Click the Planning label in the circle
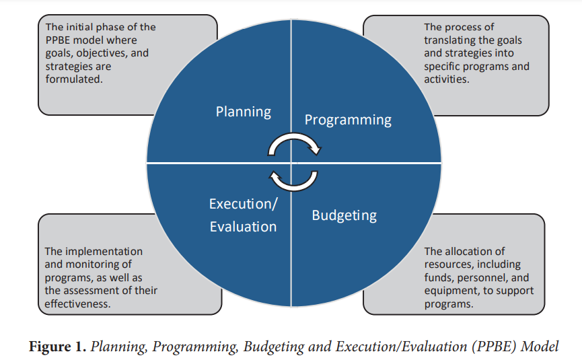(x=244, y=112)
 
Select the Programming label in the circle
(x=348, y=120)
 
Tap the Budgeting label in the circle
(x=344, y=215)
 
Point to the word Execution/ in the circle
(x=243, y=204)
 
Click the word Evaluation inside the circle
(x=243, y=227)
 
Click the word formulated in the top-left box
(x=73, y=79)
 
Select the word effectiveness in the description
(x=77, y=303)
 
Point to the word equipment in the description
(x=447, y=291)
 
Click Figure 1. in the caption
(x=58, y=347)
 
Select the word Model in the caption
(x=540, y=347)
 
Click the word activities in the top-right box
(x=447, y=79)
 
